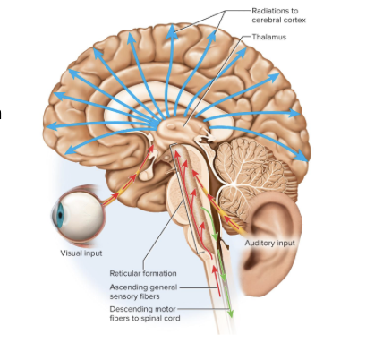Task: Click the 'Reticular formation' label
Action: point(143,272)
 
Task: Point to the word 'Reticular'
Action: point(126,272)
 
